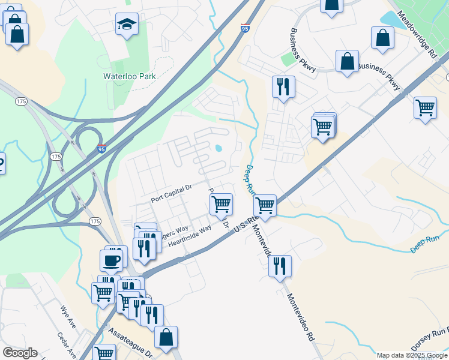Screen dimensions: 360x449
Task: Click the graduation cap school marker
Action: (127, 25)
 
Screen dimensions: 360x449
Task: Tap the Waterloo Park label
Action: (130, 76)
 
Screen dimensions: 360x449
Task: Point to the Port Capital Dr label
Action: (171, 193)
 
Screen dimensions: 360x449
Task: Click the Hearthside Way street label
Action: (190, 235)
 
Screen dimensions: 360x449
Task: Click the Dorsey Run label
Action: (430, 340)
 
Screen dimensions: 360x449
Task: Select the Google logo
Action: (20, 353)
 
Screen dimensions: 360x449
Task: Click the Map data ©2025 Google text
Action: (412, 355)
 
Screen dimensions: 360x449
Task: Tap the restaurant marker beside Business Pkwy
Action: (282, 86)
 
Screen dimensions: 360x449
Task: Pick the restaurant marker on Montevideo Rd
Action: (280, 265)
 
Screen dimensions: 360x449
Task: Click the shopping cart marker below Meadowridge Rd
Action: (425, 108)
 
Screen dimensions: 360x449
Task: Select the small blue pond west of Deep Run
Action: (219, 148)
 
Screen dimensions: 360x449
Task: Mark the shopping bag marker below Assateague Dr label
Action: (166, 338)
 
